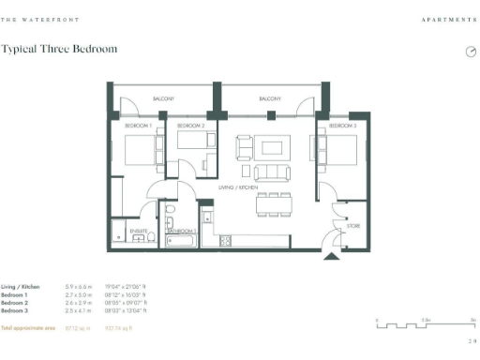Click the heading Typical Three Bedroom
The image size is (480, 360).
click(59, 49)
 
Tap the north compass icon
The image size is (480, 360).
click(471, 52)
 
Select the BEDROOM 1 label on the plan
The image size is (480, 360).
click(138, 125)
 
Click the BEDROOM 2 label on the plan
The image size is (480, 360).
click(190, 125)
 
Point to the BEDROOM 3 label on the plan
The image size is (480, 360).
click(342, 125)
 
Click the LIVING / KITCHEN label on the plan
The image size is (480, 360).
click(238, 188)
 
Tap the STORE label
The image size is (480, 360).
click(353, 226)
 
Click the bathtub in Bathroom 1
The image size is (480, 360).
click(181, 241)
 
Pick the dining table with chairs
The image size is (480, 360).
click(273, 203)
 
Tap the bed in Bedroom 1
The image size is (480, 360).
click(141, 151)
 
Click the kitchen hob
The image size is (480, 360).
click(225, 242)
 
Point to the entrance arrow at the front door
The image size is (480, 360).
click(331, 255)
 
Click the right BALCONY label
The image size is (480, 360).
click(270, 98)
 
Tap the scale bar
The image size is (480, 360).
click(425, 326)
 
